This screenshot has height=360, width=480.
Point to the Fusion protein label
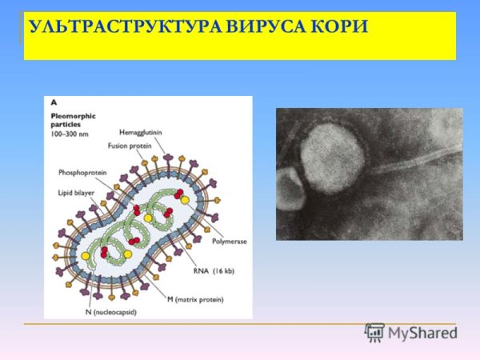pos(130,147)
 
